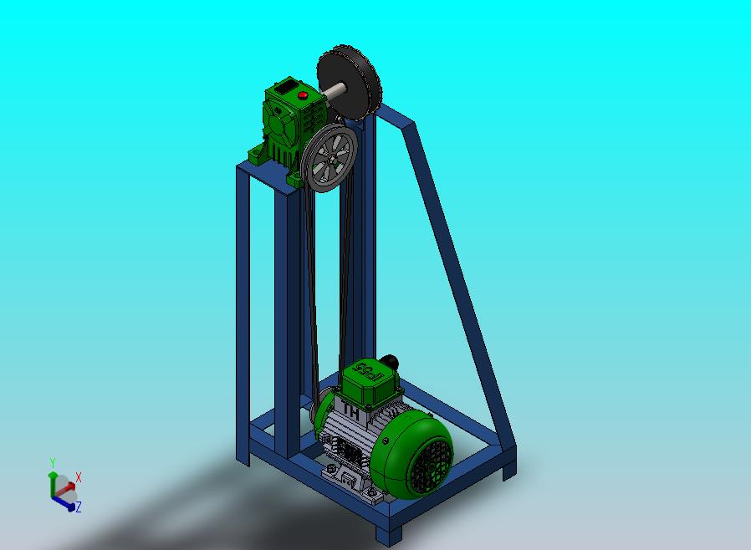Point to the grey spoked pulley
tap(330, 159)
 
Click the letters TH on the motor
tap(350, 412)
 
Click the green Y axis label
tap(52, 462)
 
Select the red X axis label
tap(79, 477)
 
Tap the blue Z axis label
tap(78, 507)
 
